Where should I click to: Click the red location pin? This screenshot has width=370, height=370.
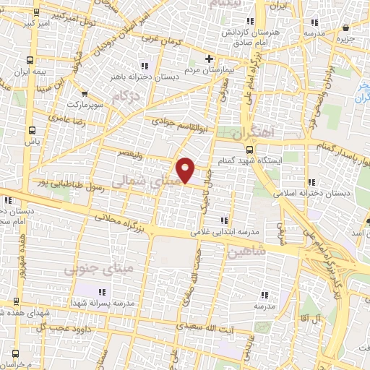(x=186, y=169)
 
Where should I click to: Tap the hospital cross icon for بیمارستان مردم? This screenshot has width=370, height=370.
(x=209, y=58)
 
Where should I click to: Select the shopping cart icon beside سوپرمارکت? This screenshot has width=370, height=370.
(x=85, y=93)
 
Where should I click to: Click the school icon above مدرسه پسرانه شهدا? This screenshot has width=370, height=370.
(x=101, y=291)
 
